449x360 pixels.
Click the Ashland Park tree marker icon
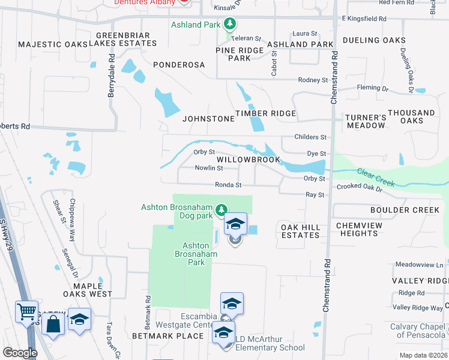(x=229, y=25)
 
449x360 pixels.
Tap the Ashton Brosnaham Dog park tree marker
(x=221, y=209)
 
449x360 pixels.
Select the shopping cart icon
(x=27, y=311)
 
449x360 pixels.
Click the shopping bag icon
(x=53, y=325)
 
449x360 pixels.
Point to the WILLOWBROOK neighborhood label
(x=249, y=160)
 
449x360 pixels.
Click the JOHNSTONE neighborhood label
(x=208, y=119)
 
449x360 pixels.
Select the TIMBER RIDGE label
(x=265, y=113)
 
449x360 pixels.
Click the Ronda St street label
(x=229, y=185)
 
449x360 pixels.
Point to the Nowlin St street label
(x=209, y=168)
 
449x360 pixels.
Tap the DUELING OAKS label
(x=374, y=40)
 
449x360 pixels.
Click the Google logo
(x=20, y=353)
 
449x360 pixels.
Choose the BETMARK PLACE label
(x=167, y=336)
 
